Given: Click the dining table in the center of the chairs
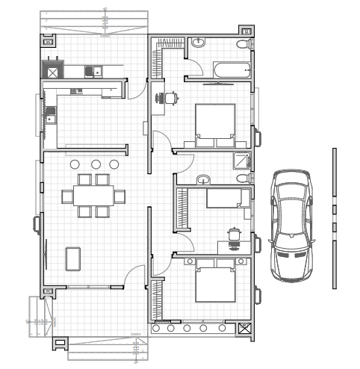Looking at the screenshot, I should [x=93, y=196].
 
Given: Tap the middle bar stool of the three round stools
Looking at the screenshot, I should [x=96, y=164].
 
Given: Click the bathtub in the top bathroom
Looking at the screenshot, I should [x=232, y=70].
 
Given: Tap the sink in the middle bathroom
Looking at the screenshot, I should [x=204, y=179].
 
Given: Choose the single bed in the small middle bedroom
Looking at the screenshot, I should [x=228, y=198].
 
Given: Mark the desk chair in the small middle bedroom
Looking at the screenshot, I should [x=234, y=235].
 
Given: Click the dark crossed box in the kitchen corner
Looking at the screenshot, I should [x=54, y=72].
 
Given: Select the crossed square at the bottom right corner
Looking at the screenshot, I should [x=244, y=327].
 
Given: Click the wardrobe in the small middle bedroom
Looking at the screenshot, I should [x=179, y=209].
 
